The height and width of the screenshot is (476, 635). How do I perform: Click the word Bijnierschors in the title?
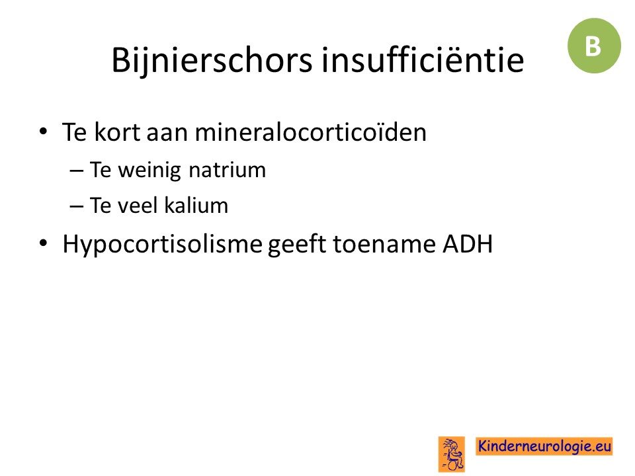(x=212, y=61)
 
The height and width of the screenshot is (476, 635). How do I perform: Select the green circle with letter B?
(x=594, y=46)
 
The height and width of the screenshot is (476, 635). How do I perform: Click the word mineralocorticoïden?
(x=311, y=132)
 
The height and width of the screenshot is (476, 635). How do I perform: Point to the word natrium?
(x=227, y=170)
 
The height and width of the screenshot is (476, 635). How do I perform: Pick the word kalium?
(x=196, y=205)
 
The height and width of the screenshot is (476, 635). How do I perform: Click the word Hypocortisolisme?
(x=163, y=245)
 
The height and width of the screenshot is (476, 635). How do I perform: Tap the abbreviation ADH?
(x=468, y=244)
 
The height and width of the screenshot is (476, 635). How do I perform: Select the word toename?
(x=384, y=244)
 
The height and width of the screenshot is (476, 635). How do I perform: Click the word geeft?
(x=297, y=245)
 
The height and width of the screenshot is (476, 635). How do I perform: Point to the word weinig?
(x=149, y=170)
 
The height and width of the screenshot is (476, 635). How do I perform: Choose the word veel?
(x=138, y=205)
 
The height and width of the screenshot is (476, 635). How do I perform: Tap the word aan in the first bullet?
(x=167, y=134)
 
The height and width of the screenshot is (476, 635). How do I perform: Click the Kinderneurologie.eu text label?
(x=544, y=446)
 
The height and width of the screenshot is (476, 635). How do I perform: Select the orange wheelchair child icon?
(x=452, y=454)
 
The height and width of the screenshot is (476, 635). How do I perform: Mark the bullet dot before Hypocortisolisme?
(x=44, y=243)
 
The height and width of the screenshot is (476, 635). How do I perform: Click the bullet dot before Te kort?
(x=44, y=131)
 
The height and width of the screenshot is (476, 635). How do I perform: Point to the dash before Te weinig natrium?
(x=77, y=171)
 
